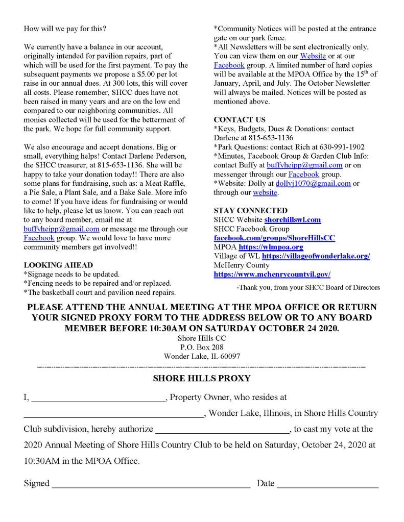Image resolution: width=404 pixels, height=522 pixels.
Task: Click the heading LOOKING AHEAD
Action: pyautogui.click(x=58, y=265)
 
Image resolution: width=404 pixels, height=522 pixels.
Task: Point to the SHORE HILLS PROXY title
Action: pyautogui.click(x=202, y=379)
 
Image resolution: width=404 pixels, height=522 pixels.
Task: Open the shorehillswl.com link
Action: pyautogui.click(x=292, y=219)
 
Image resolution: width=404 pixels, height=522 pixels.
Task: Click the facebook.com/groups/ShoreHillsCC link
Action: pyautogui.click(x=274, y=238)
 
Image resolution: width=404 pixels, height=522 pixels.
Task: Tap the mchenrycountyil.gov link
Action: pyautogui.click(x=272, y=275)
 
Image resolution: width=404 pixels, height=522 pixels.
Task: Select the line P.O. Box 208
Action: pyautogui.click(x=202, y=346)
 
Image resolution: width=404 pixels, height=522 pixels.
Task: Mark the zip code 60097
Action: pyautogui.click(x=229, y=356)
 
